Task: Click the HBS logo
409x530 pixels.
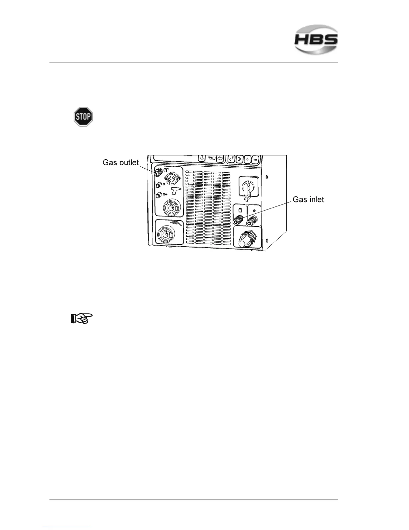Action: (x=316, y=39)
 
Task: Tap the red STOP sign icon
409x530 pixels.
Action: (x=83, y=117)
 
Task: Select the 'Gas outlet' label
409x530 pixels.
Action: (x=120, y=163)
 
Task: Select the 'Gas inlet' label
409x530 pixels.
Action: (x=308, y=199)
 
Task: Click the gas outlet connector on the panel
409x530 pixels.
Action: (x=156, y=173)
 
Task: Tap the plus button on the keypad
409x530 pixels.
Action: (x=248, y=159)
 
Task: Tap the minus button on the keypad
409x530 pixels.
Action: (x=255, y=159)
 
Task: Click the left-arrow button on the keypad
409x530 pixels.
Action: (x=220, y=158)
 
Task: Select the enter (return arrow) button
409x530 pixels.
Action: (x=231, y=159)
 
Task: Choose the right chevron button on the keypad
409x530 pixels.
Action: (x=240, y=159)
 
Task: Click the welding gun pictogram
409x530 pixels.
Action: (x=176, y=191)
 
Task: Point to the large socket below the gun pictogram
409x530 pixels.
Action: (x=170, y=207)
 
